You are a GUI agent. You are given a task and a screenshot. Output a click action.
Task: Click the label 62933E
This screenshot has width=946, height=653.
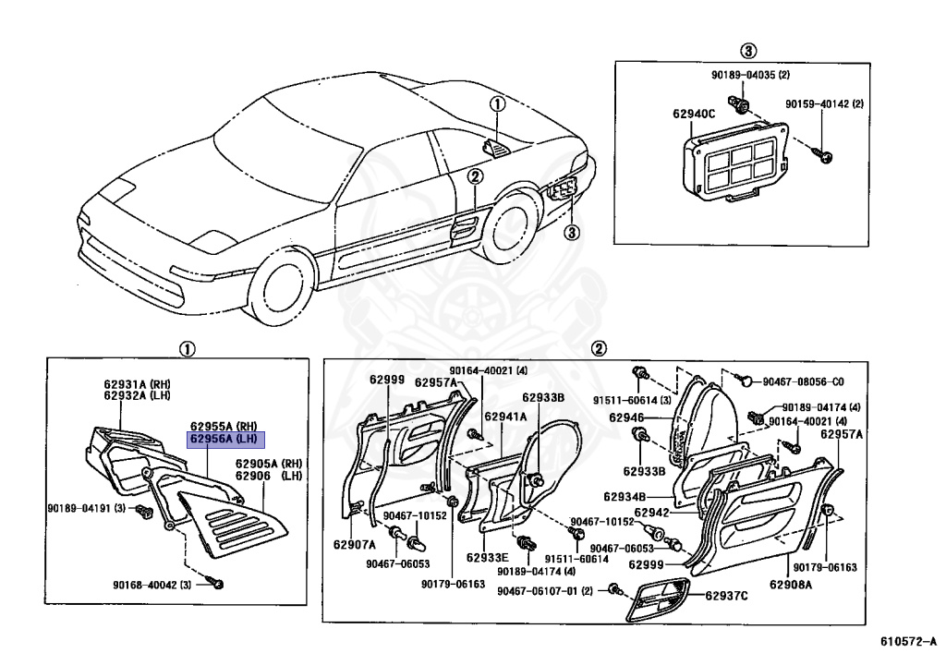coord(488,558)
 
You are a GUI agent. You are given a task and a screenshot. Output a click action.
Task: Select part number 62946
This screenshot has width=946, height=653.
coord(625,417)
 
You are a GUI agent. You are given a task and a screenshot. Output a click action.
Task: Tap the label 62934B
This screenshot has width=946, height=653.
coord(628,497)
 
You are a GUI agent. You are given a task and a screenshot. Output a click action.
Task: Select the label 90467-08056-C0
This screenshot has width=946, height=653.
coord(803,381)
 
